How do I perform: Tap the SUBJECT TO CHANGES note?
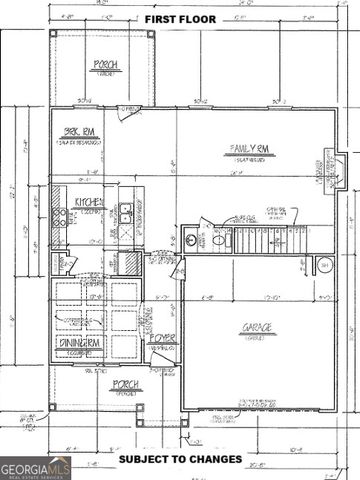(180, 458)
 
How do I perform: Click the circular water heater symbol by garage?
(325, 264)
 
